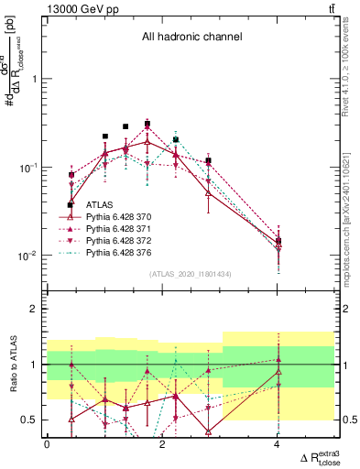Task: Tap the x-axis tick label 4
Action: [278, 443]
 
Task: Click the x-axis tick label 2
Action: [162, 443]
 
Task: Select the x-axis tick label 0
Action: [47, 443]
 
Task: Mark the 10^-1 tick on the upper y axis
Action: [31, 168]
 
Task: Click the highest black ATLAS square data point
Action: [147, 124]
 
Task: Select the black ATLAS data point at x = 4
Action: [278, 241]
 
